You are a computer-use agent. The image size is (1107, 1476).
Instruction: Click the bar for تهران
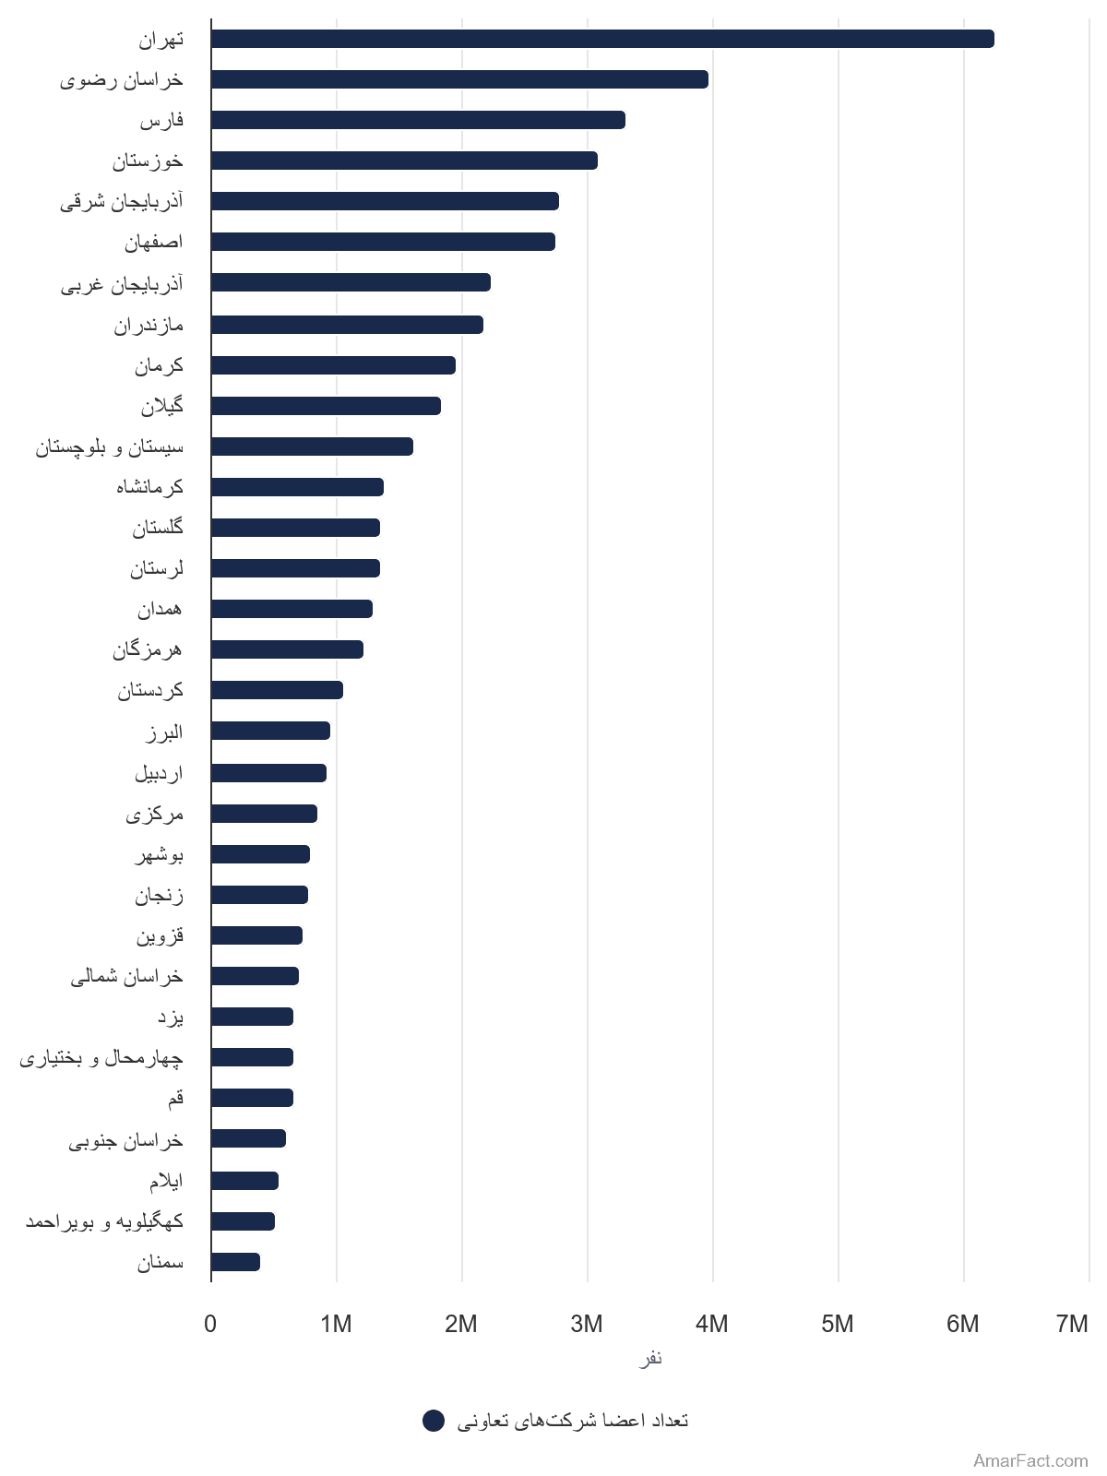(602, 39)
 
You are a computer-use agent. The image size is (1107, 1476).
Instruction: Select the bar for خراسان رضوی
(459, 79)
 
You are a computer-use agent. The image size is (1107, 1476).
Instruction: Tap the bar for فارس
(418, 120)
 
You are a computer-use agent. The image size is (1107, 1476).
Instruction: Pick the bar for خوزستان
(404, 161)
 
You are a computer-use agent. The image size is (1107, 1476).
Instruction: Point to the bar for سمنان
(235, 1262)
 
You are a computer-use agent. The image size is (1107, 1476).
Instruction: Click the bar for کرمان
(333, 365)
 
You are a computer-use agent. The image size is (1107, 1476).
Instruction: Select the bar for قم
(252, 1098)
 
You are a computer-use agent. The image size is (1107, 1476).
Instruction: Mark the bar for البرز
(270, 731)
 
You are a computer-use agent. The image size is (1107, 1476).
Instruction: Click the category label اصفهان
(153, 242)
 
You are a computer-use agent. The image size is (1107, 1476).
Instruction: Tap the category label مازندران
(148, 326)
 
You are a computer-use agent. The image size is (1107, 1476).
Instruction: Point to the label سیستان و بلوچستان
(109, 447)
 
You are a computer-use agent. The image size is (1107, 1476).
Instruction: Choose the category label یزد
(171, 1018)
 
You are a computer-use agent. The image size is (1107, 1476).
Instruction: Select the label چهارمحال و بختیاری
(101, 1058)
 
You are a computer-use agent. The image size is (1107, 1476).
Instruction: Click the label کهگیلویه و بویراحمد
(104, 1221)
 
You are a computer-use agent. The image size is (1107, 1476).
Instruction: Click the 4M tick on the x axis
(712, 1324)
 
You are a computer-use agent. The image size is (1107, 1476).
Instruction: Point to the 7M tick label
(1071, 1324)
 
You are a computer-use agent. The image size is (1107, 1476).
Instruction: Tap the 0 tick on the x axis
(210, 1324)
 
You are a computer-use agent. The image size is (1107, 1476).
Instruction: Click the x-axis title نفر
(650, 1359)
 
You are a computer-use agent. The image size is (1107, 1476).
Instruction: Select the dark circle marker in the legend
(434, 1421)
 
